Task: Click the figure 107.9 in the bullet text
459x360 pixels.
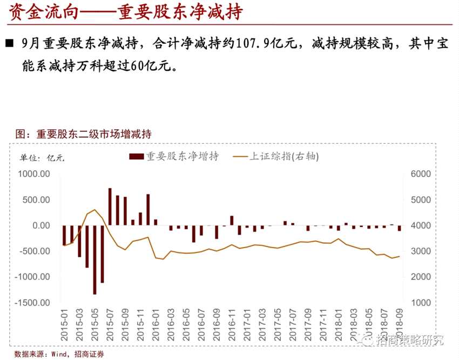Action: (254, 44)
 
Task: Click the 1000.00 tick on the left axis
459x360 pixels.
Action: (33, 174)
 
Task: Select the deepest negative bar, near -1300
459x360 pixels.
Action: (94, 260)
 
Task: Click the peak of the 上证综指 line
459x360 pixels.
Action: (94, 210)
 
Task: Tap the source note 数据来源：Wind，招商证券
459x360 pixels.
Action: (59, 354)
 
